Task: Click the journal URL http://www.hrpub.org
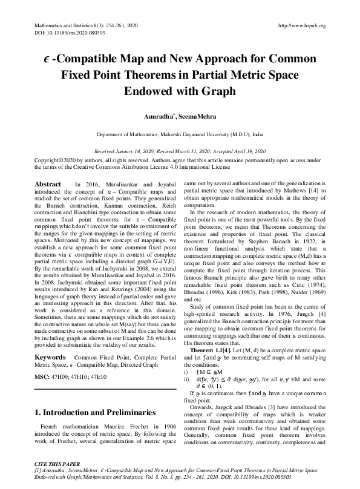coord(301,25)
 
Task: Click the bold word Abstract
coord(48,183)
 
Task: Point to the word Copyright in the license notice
coord(50,159)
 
